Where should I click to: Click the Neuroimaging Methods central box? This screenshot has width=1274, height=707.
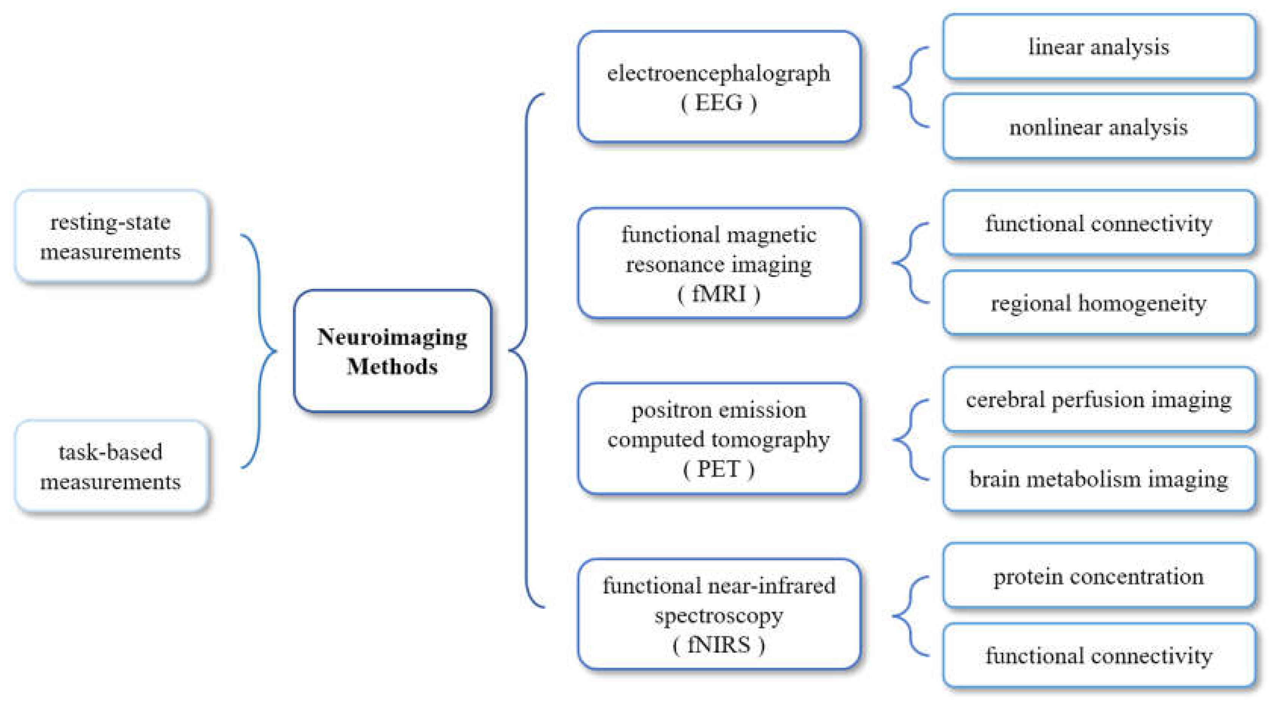392,351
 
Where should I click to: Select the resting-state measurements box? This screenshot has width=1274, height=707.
111,237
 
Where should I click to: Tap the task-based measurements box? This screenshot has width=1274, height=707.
111,466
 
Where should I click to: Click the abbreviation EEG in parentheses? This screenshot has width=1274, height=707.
719,103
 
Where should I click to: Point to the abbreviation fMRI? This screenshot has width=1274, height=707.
719,294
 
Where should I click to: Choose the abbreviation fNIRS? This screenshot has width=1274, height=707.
719,645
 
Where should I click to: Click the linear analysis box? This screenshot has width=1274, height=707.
1098,47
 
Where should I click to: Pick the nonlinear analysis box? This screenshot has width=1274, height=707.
1098,127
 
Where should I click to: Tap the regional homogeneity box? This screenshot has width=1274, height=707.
1098,303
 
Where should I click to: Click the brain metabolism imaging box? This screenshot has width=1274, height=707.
1098,479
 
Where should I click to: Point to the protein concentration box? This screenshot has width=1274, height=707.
1098,576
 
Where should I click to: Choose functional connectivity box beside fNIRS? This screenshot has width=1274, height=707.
1098,655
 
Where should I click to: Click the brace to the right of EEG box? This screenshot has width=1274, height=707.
909,87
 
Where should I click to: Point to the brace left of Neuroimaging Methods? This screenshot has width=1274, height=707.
260,351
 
